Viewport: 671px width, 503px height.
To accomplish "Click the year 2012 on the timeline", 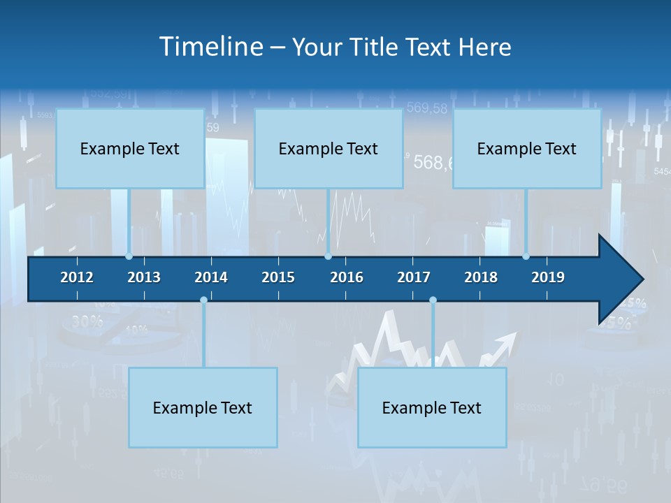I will point(77,277).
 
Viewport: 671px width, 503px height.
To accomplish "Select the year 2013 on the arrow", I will point(144,277).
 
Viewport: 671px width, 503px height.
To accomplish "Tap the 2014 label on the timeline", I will point(211,277).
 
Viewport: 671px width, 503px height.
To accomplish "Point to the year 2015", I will point(278,277).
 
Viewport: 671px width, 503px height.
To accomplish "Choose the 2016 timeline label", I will point(347,277).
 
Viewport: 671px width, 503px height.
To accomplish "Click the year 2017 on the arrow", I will point(414,277).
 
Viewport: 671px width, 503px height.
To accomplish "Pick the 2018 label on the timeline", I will point(481,277).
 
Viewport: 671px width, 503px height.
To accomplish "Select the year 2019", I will point(548,277).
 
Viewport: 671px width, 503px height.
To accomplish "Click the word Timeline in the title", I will point(211,47).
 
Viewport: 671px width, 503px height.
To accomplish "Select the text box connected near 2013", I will point(130,149).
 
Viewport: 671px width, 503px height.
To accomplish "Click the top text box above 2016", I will point(329,149).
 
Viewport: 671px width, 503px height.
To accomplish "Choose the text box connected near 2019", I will point(527,149).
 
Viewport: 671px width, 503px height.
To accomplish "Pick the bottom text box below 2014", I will point(203,408).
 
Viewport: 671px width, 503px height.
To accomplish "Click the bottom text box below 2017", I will point(432,408).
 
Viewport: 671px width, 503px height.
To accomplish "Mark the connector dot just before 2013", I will point(129,256).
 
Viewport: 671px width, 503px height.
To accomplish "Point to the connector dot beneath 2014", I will point(203,300).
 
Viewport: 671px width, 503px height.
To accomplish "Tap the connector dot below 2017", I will point(433,300).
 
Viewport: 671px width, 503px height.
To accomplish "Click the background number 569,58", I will point(426,108).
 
